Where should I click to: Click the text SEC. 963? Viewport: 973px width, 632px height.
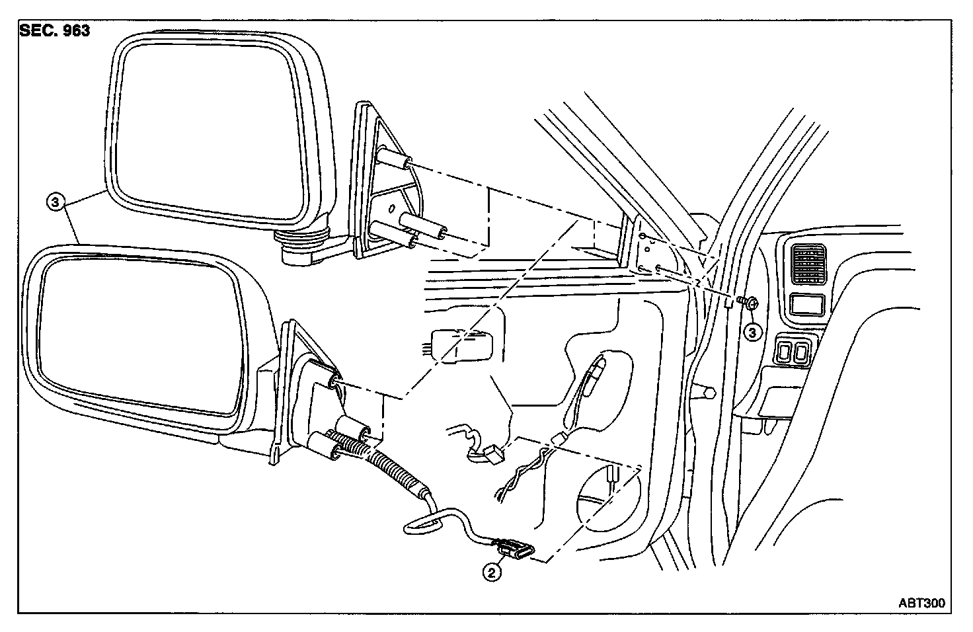[x=55, y=31]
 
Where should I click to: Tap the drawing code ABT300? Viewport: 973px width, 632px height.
[x=921, y=603]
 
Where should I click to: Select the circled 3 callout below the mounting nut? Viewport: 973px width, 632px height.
[x=753, y=332]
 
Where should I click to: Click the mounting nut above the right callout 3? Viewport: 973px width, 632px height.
[x=750, y=303]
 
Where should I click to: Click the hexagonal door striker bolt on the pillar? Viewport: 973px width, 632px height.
[x=707, y=391]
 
